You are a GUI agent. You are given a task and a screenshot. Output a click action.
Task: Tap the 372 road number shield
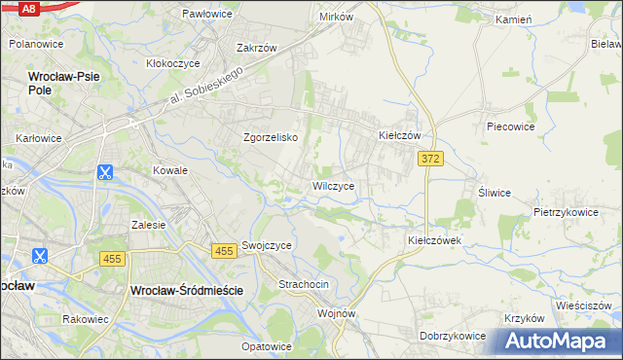[x=431, y=158]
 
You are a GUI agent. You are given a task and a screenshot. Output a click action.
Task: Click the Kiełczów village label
[x=399, y=136]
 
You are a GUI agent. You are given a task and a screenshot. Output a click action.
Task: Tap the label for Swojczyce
[x=267, y=246]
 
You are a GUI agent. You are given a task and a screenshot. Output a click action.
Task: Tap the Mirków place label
[x=336, y=18]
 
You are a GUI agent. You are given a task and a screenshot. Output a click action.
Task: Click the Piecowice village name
[x=511, y=126]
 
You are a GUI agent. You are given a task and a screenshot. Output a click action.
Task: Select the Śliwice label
[x=494, y=193]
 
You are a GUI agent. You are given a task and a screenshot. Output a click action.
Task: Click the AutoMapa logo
[x=560, y=342]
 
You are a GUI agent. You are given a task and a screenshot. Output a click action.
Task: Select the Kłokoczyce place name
[x=172, y=63]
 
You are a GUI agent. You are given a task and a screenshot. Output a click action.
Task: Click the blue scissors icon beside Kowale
[x=104, y=173]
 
